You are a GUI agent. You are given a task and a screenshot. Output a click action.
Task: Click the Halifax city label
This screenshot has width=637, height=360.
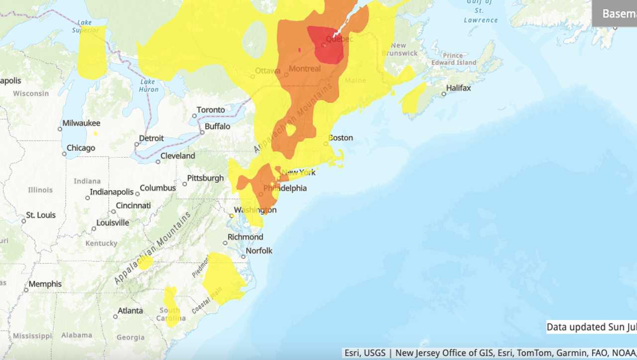(x=458, y=88)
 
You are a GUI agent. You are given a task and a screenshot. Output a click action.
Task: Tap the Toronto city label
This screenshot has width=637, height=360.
(x=211, y=110)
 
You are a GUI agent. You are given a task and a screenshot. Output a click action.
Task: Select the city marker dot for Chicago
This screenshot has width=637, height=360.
(x=64, y=154)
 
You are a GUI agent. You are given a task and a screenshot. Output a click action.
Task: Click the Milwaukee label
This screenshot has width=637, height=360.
(x=81, y=123)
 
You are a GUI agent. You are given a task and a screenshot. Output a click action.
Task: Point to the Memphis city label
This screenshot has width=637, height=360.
(x=45, y=284)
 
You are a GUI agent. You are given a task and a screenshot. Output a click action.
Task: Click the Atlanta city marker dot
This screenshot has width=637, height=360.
(x=115, y=316)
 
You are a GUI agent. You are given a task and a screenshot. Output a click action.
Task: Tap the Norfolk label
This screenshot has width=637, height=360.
(x=259, y=250)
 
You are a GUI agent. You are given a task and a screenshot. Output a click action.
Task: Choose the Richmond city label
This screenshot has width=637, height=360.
(x=245, y=237)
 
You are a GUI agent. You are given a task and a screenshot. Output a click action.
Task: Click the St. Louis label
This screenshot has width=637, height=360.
(x=41, y=215)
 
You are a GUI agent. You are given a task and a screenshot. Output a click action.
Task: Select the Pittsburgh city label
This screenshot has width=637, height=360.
(x=206, y=178)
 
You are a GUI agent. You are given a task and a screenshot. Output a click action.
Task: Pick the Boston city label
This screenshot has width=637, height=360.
(x=341, y=138)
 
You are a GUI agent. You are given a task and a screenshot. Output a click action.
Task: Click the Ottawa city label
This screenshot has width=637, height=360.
(x=268, y=71)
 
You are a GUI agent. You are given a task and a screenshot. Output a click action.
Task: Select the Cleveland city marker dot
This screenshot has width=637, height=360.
(x=158, y=161)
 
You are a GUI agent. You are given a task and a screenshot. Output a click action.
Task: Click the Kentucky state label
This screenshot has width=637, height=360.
(x=101, y=243)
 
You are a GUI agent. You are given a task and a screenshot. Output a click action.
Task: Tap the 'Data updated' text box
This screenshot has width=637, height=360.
(x=591, y=327)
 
